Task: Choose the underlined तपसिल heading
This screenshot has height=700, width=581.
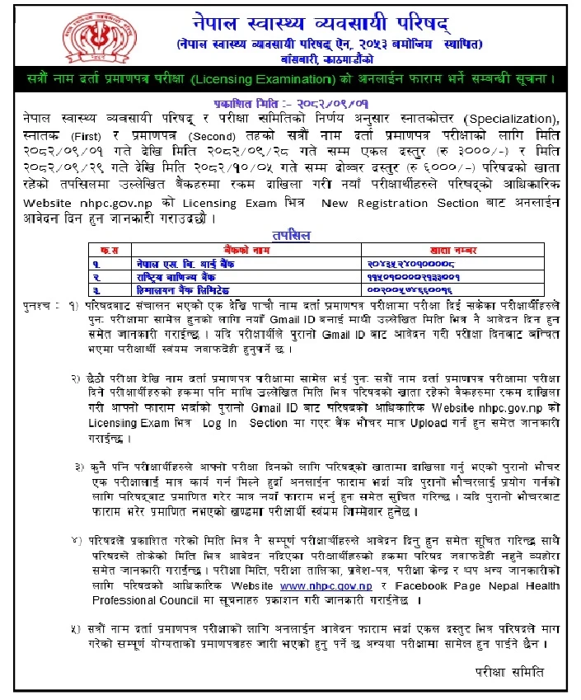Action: pos(290,234)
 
